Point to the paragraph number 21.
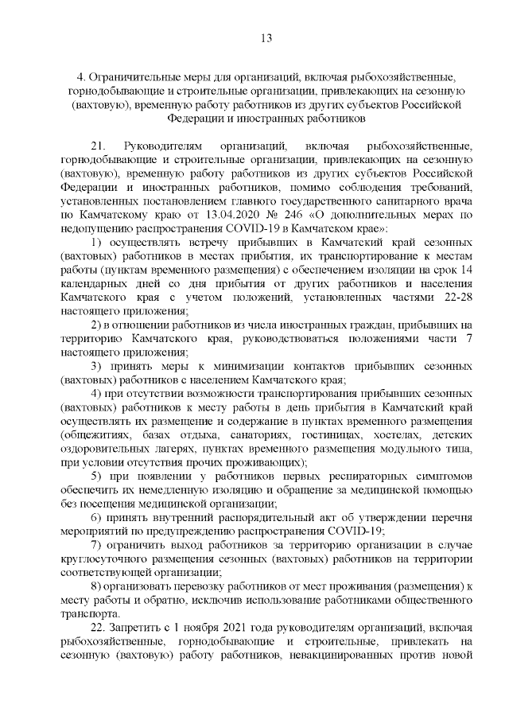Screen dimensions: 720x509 click(x=99, y=147)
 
